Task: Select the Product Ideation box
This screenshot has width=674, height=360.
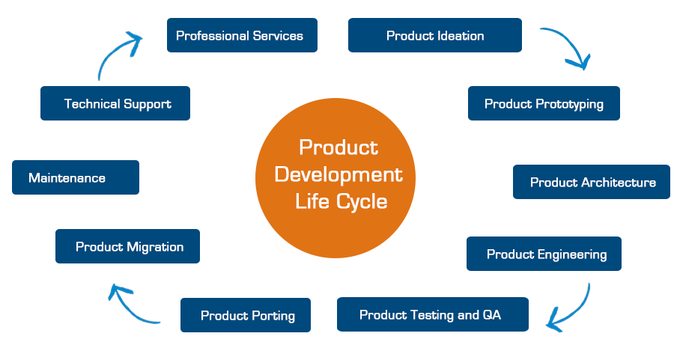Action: point(435,35)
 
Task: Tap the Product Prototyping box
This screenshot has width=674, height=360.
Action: point(544,103)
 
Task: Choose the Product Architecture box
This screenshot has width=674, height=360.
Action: point(592,182)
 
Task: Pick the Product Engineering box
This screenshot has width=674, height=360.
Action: point(544,254)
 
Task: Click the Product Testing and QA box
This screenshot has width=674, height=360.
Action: point(433,314)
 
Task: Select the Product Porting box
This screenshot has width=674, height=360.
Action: point(246,315)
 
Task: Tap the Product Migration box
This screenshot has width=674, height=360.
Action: point(127,246)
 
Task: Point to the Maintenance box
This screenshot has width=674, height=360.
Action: point(76,177)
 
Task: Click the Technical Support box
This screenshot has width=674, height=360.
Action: point(115,103)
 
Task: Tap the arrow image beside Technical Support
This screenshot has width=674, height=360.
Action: point(121,55)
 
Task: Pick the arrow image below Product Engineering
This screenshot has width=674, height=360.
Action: point(570,306)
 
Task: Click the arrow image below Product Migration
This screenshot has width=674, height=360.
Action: point(134,303)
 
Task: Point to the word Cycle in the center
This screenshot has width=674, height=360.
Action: point(362,201)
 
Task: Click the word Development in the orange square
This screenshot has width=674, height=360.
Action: point(338,174)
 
